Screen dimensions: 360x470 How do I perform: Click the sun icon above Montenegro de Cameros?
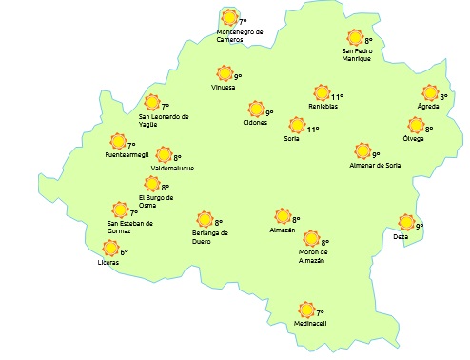click(229, 17)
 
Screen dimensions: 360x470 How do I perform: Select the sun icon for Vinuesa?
click(225, 73)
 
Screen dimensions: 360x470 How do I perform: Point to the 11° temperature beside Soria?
click(313, 130)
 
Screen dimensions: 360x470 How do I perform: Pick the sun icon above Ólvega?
click(416, 126)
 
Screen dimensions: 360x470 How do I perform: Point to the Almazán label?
click(282, 230)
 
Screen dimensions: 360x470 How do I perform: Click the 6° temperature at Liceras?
click(124, 252)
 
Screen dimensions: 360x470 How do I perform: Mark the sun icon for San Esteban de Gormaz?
click(120, 210)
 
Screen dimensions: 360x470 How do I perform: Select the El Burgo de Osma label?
click(156, 200)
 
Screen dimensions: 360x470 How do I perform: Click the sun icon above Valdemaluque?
click(164, 155)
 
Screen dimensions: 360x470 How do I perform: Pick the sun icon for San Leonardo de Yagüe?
click(151, 104)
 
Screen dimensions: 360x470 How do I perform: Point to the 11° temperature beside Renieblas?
click(337, 96)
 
